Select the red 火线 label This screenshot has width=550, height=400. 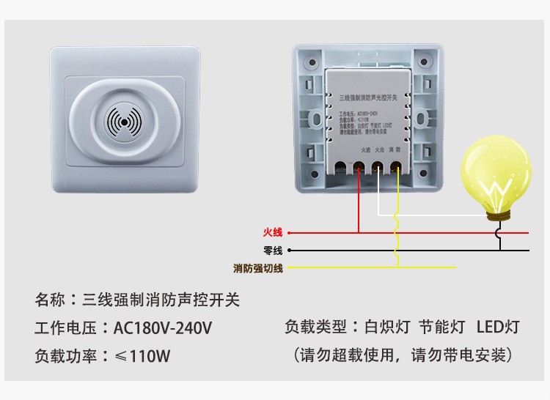[272, 233]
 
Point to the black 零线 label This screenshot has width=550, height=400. [272, 251]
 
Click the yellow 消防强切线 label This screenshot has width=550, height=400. [258, 267]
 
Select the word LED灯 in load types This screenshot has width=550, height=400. [497, 327]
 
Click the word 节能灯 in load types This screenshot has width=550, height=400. [441, 327]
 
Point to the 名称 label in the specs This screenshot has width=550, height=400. [50, 300]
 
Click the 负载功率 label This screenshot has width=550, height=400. [63, 357]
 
